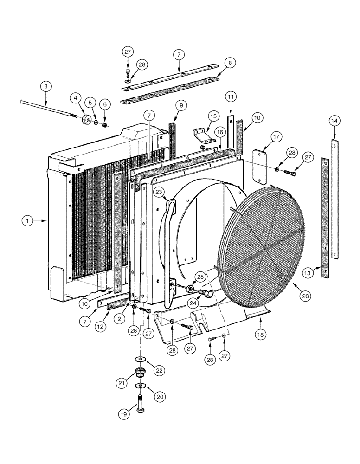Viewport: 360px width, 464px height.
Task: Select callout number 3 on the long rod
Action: click(45, 86)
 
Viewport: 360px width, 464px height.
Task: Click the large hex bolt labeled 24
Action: click(206, 294)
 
